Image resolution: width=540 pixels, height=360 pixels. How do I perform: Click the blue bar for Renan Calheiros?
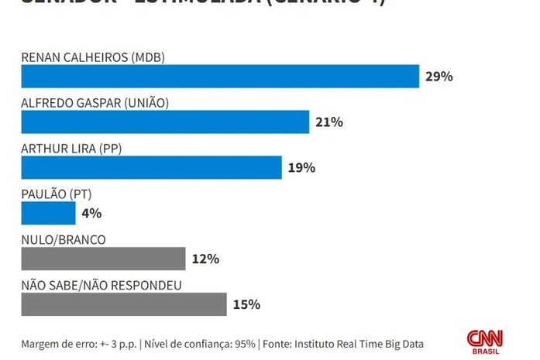click(x=220, y=77)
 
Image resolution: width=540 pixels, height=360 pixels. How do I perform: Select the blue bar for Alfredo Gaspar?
click(x=165, y=122)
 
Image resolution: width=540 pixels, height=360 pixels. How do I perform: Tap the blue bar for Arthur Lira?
click(x=151, y=167)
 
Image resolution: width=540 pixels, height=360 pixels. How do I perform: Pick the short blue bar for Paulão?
click(x=48, y=213)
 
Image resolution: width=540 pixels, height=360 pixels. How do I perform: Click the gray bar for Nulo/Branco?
click(x=103, y=259)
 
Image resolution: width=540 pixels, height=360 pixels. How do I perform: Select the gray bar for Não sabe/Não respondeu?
click(x=123, y=304)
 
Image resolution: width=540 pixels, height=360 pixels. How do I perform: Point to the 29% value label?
click(x=439, y=77)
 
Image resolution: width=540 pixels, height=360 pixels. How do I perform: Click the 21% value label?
click(x=328, y=122)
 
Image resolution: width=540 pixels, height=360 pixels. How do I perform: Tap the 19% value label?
click(x=301, y=167)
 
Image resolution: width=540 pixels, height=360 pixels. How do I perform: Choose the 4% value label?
click(x=91, y=213)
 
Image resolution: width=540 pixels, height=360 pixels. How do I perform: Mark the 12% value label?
click(x=205, y=259)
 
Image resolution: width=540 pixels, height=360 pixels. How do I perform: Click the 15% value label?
click(x=246, y=304)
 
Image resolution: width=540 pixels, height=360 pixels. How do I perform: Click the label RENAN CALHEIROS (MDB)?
click(x=93, y=57)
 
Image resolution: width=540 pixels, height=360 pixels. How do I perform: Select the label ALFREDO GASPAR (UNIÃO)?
click(x=95, y=103)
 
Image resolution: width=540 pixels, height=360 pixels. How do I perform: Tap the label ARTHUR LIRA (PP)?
click(x=72, y=149)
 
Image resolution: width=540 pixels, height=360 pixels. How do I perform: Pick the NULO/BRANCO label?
click(x=64, y=240)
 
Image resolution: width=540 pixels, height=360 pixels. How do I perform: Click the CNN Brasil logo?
click(x=484, y=341)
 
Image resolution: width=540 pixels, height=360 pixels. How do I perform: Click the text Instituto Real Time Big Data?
click(x=358, y=344)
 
